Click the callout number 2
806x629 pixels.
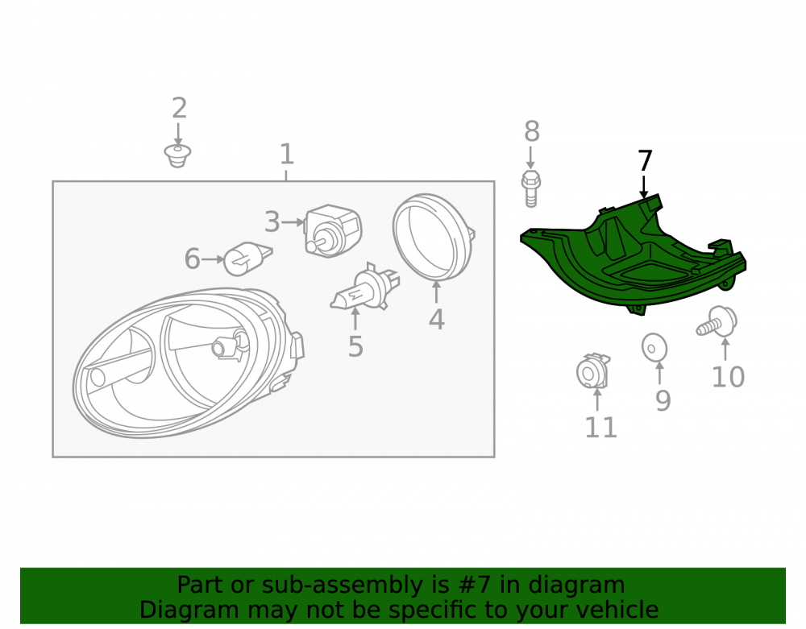pos(179,109)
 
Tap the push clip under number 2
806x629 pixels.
pos(177,156)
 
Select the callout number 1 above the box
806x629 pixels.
pos(286,154)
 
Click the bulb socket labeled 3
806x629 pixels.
pos(333,230)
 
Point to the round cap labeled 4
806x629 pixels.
pos(433,238)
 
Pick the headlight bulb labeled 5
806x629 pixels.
pos(365,288)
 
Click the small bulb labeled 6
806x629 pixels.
pos(247,259)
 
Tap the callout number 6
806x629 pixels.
pos(193,259)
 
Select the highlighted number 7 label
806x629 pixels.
pos(645,161)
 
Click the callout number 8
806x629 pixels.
pos(531,131)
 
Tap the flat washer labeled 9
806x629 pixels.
pos(654,348)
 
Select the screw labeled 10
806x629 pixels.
pos(717,322)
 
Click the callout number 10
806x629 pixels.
pos(728,377)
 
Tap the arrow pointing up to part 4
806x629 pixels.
pos(436,292)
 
